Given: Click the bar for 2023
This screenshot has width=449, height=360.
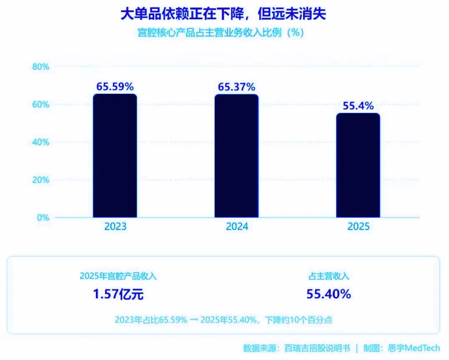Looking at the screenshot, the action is point(115,156).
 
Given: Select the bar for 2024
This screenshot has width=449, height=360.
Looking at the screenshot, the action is point(236,156).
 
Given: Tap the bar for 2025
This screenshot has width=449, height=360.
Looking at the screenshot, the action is point(358,165).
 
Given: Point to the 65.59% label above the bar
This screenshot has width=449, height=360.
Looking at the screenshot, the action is point(115,86).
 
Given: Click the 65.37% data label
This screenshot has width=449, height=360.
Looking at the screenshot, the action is point(236,87).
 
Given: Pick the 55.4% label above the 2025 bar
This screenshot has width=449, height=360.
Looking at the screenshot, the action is point(358,106).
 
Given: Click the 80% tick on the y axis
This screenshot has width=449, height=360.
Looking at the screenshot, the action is point(41,67).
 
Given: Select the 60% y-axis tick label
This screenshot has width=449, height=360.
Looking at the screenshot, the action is point(41,105).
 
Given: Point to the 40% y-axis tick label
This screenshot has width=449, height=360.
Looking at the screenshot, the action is point(41,142).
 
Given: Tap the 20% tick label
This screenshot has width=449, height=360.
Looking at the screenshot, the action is point(41,180).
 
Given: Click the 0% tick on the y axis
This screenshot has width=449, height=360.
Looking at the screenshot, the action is point(43,218).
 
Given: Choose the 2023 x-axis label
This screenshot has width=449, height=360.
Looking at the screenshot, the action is point(115,227).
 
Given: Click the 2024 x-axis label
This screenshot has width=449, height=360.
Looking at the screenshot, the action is point(237,227).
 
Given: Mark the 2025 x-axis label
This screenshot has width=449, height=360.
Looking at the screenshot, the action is point(359,227).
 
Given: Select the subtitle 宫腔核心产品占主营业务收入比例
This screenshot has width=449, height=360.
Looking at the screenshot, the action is point(210,33).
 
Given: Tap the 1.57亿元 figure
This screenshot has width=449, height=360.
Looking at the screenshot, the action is point(118,295).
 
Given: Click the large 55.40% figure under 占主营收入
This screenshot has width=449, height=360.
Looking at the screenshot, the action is point(329,294).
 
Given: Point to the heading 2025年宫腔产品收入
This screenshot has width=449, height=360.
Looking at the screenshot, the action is point(118,276).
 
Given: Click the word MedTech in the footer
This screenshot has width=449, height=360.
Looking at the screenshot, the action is point(422,348).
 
